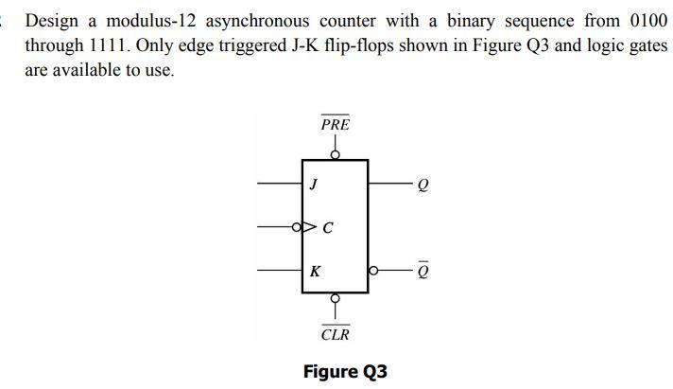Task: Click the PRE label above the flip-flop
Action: [x=335, y=124]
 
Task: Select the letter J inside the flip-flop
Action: [x=312, y=184]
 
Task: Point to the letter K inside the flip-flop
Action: [x=315, y=271]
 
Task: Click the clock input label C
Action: [x=328, y=227]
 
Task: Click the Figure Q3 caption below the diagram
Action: [x=345, y=371]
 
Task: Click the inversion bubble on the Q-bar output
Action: [x=372, y=271]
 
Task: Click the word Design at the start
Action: [x=52, y=20]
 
